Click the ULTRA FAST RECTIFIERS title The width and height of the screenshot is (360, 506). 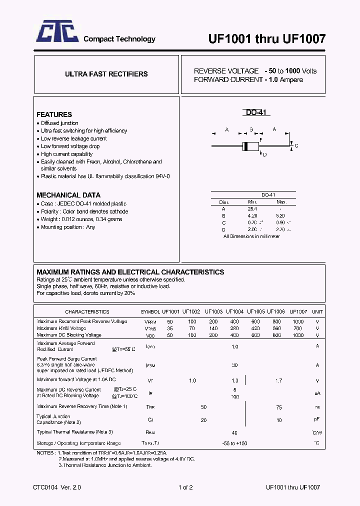106,74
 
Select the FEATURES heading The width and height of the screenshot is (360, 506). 54,114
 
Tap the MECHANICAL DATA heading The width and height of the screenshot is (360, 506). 68,195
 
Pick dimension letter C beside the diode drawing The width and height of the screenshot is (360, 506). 296,146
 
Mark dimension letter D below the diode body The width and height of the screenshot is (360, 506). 264,154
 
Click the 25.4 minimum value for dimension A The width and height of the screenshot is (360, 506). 252,209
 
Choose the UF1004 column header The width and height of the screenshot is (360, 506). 234,311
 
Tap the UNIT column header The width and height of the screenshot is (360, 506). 317,311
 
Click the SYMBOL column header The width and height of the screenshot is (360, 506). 150,311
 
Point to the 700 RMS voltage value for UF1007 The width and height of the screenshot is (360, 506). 298,328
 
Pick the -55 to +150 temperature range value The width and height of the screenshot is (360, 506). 234,443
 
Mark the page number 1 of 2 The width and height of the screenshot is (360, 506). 185,487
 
